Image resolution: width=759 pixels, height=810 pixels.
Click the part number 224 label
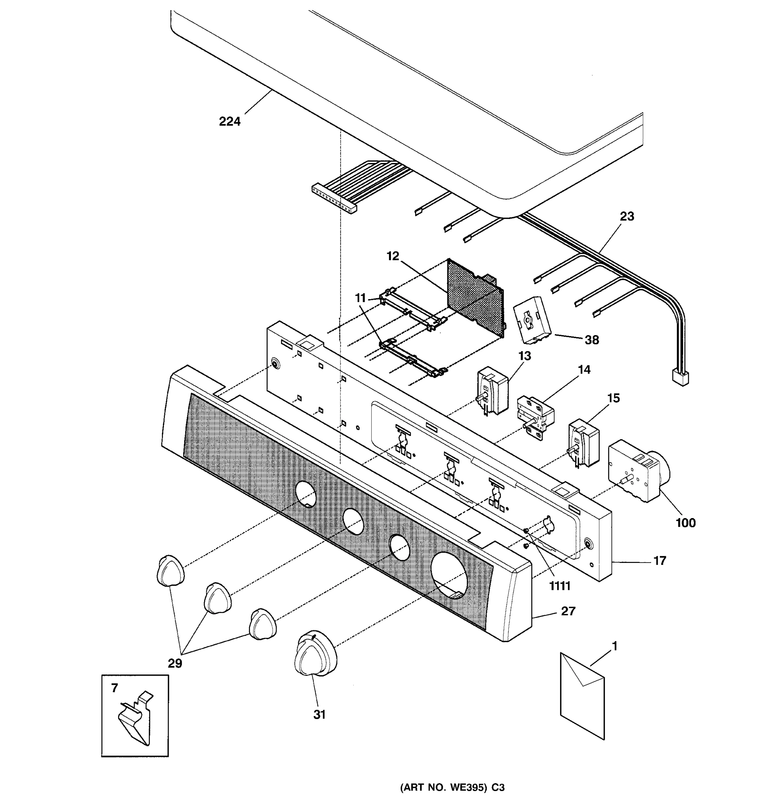(230, 122)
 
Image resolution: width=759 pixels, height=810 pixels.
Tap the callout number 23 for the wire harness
(627, 216)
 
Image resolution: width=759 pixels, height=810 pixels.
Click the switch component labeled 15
(584, 443)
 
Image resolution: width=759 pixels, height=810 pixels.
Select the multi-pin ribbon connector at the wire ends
(334, 199)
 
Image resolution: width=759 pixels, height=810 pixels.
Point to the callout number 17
(659, 561)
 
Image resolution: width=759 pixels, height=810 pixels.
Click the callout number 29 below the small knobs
(175, 663)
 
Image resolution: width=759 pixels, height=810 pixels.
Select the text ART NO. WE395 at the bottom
(444, 788)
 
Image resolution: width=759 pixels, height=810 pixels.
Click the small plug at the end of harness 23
(680, 377)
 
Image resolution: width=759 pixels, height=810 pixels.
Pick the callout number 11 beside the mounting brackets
(360, 298)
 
